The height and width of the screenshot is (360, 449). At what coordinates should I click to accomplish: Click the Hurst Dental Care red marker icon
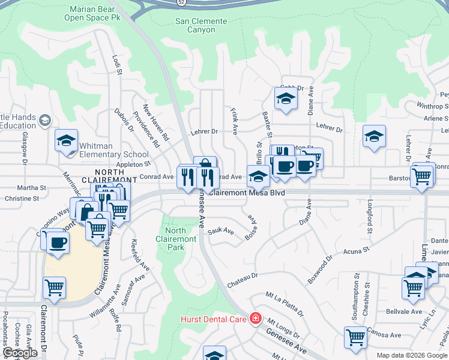point(256,317)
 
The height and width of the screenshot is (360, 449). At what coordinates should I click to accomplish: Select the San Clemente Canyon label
point(201,25)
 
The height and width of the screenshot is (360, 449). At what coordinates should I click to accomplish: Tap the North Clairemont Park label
point(180,239)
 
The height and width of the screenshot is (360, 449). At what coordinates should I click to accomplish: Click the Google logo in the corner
point(20,353)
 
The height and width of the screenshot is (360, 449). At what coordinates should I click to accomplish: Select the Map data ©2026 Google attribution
point(412,355)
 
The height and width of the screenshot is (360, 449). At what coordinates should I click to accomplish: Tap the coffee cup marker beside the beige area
point(58,243)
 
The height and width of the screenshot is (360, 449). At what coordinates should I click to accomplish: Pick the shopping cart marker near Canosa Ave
point(355,337)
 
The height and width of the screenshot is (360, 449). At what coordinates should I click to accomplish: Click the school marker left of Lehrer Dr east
point(374,136)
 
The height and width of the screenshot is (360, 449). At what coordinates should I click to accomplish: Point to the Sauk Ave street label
point(220,230)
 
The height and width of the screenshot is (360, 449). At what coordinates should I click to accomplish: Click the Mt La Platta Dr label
point(285,303)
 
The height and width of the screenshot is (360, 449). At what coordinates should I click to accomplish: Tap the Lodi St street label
point(117,65)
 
